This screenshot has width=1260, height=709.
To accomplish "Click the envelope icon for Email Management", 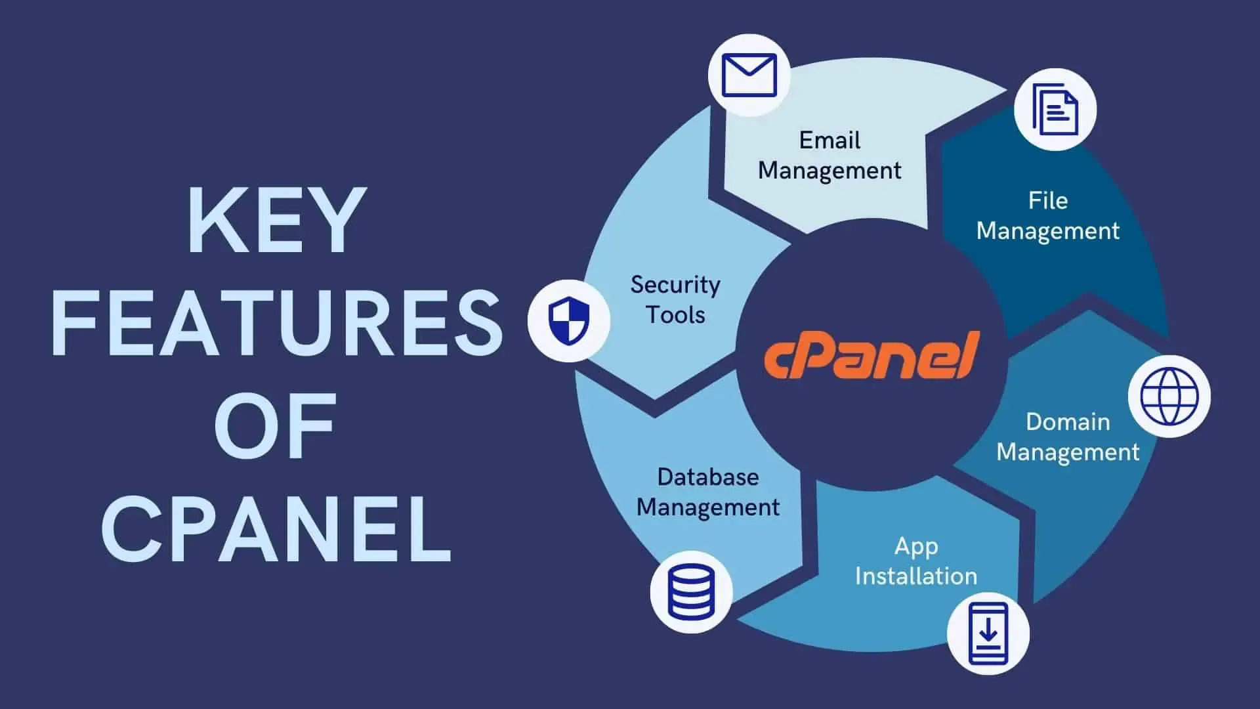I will [749, 75].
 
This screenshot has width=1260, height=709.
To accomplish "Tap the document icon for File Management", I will [1055, 110].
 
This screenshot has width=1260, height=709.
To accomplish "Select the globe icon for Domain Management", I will [1169, 397].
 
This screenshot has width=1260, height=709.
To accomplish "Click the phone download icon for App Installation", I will [988, 634].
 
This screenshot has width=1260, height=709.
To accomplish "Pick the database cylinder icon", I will [691, 591].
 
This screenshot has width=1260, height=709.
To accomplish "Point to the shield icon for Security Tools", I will [569, 320].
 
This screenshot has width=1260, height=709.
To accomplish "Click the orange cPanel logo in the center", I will [871, 356].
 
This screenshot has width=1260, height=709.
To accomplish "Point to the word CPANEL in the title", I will [277, 529].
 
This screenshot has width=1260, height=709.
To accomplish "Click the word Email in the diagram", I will [829, 140].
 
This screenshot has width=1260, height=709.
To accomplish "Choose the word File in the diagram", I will [1047, 200].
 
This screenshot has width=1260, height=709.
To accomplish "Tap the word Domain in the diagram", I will [1068, 421].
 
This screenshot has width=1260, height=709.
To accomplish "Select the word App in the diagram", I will [916, 546].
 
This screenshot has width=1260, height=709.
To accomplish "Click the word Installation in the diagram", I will [916, 576].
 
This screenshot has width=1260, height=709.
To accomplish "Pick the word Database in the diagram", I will [708, 477].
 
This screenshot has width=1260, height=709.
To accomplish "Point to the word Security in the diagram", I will [675, 284].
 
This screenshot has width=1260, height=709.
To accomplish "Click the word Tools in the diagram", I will [675, 314].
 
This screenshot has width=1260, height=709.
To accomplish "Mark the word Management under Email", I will [829, 170].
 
